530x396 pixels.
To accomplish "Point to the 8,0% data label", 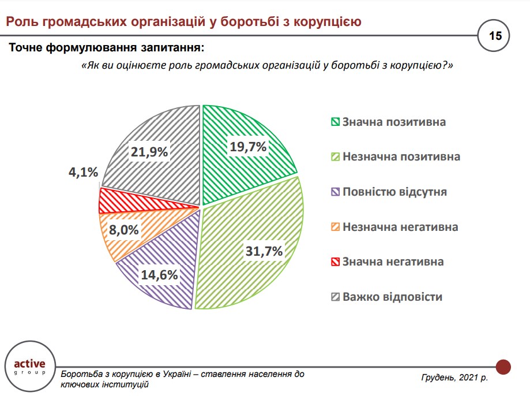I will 123,230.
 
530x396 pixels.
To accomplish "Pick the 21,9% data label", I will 149,152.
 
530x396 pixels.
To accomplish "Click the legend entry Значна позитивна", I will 394,122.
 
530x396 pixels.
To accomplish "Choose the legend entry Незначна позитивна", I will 401,157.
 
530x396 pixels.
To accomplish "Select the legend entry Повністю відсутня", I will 394,192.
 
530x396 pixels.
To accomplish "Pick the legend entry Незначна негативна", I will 400,227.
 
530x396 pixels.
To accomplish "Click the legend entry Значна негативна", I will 393,261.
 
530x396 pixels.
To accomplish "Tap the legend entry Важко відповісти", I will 392,297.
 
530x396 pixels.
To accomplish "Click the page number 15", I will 495,36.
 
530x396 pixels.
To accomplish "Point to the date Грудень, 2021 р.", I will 454,377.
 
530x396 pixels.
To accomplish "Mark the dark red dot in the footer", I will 503,366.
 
